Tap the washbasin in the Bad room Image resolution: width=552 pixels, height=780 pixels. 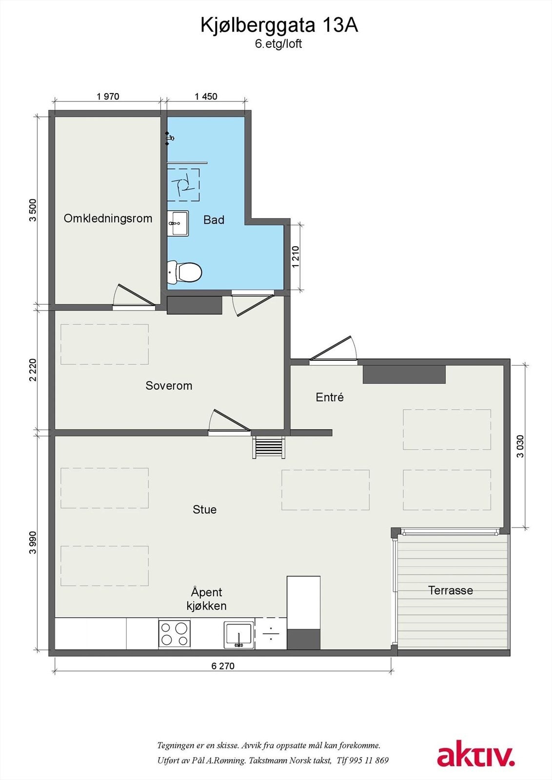pyautogui.click(x=178, y=223)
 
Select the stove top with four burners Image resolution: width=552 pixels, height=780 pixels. pyautogui.click(x=174, y=634)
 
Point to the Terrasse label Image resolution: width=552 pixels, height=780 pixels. pyautogui.click(x=450, y=590)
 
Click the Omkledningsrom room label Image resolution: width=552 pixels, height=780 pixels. pyautogui.click(x=108, y=218)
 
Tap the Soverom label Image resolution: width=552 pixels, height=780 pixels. pyautogui.click(x=169, y=386)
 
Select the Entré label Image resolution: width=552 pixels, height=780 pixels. pyautogui.click(x=330, y=397)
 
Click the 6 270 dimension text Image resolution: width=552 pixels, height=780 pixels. pyautogui.click(x=223, y=666)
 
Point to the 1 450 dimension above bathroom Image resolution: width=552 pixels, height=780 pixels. pyautogui.click(x=206, y=97)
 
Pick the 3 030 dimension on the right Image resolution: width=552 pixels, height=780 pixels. pyautogui.click(x=520, y=446)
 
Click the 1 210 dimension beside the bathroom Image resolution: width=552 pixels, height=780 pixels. pyautogui.click(x=296, y=257)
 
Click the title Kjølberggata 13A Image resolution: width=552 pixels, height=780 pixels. pyautogui.click(x=279, y=25)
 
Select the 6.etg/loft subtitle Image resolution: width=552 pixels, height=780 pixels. pyautogui.click(x=278, y=44)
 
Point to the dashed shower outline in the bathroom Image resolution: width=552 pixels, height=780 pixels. pyautogui.click(x=183, y=185)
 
